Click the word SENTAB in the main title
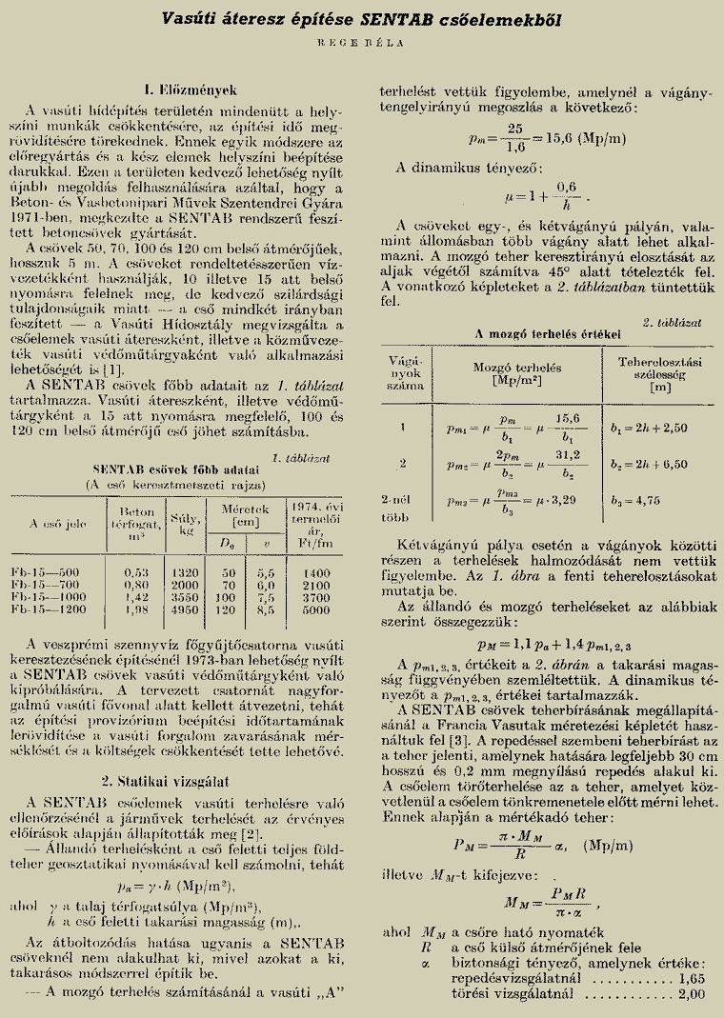click(x=418, y=18)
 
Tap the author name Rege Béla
click(x=361, y=42)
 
